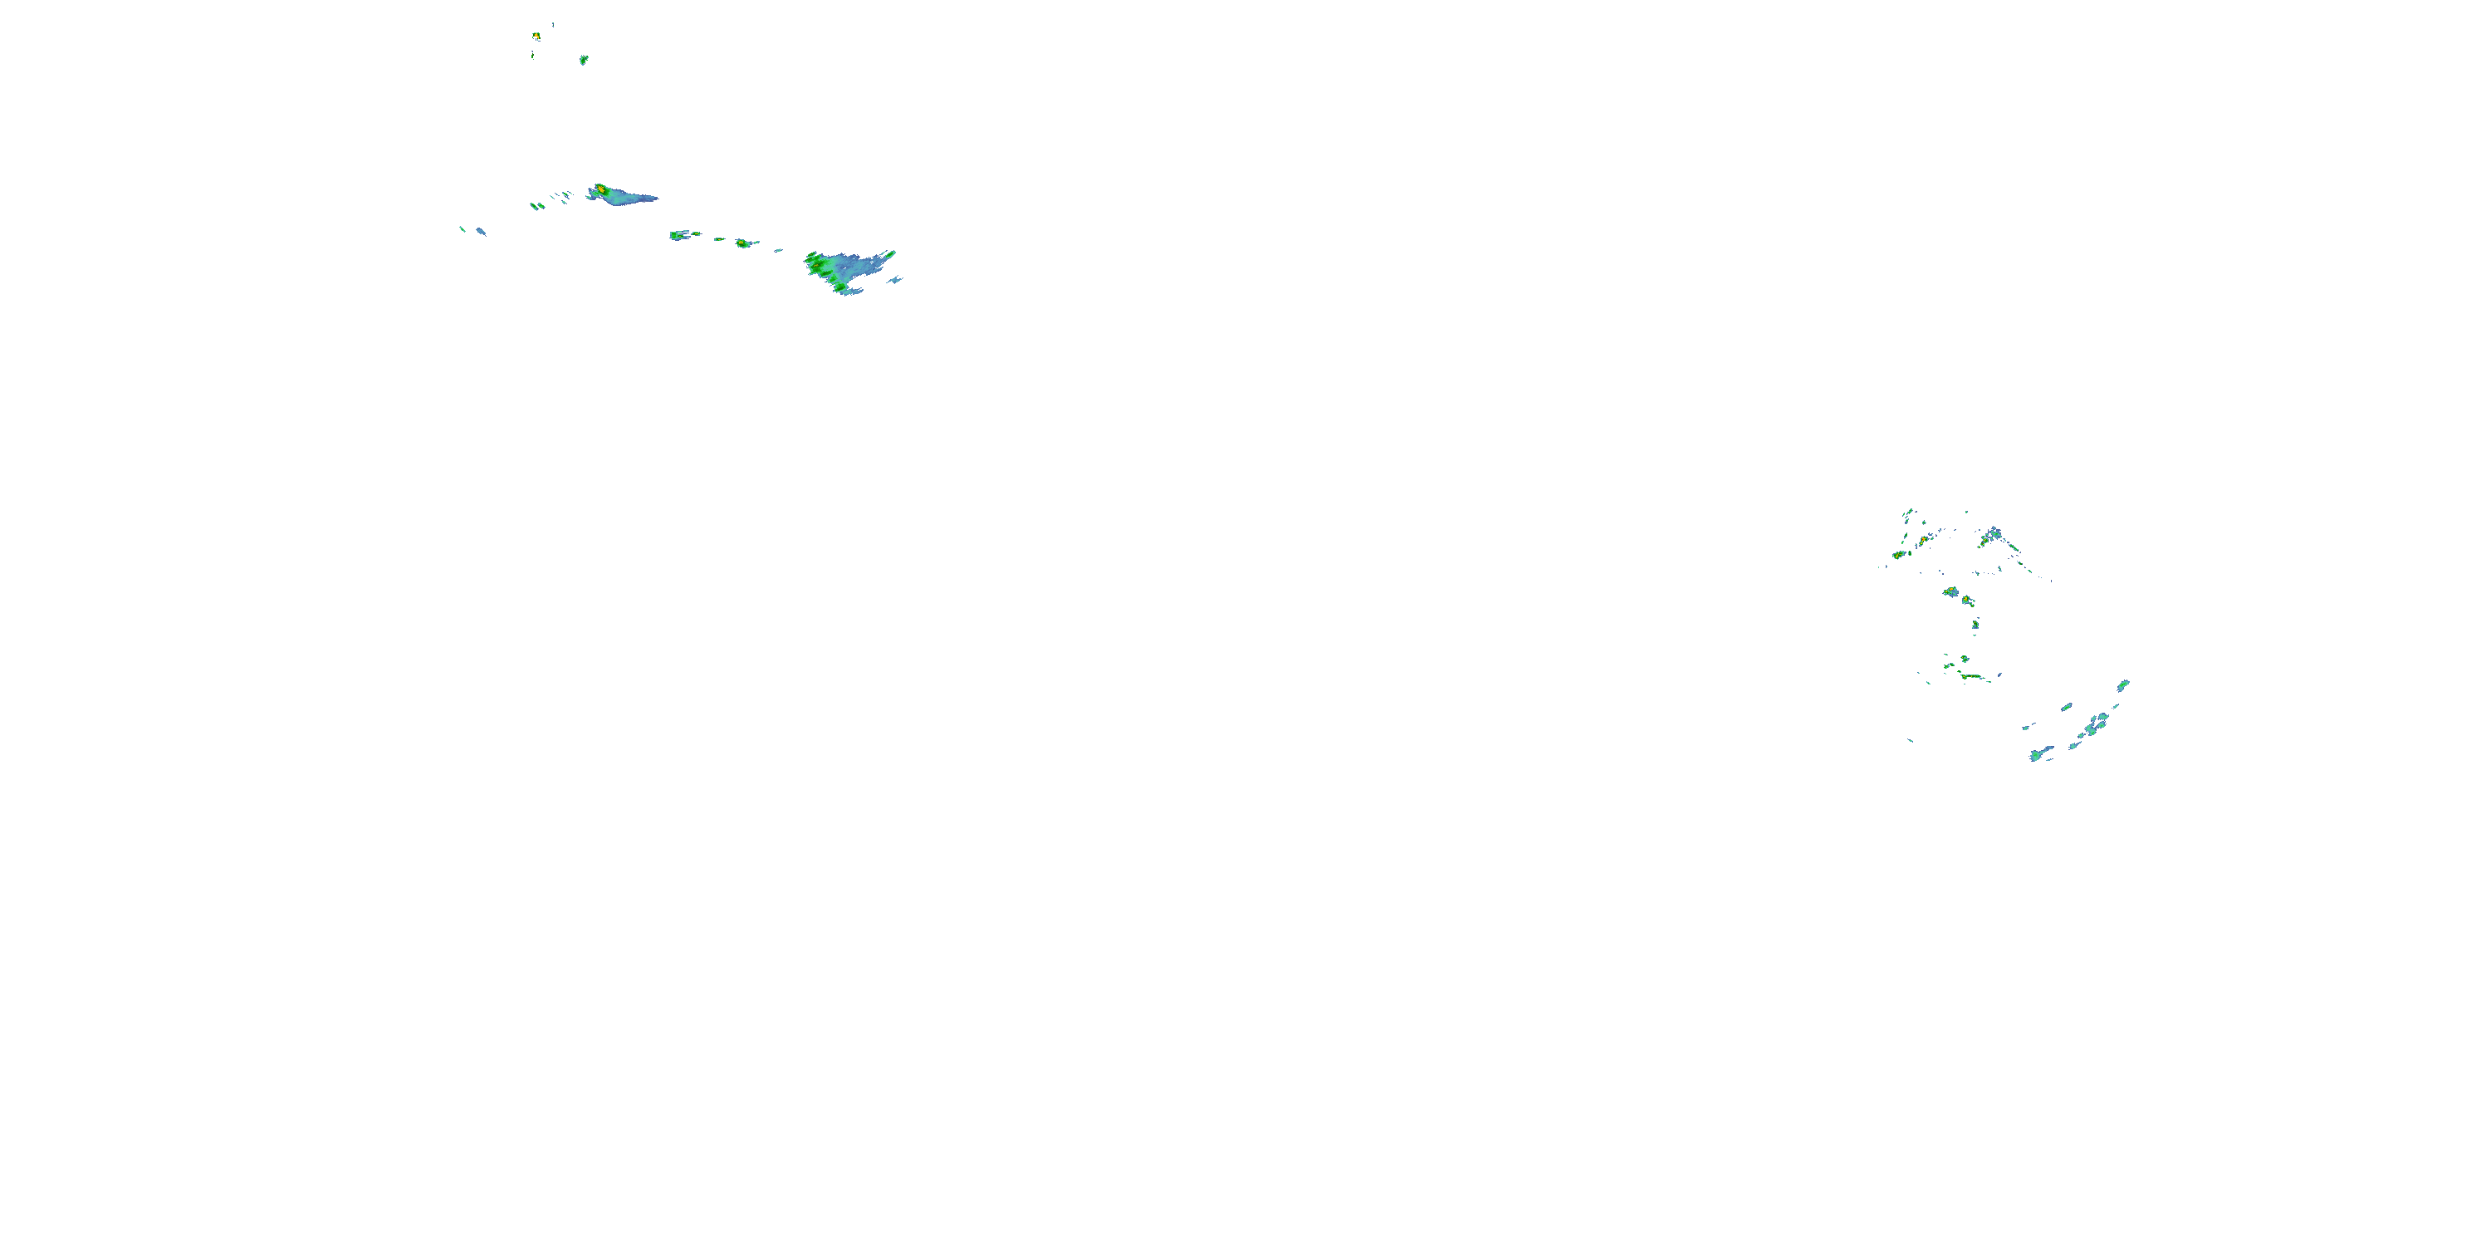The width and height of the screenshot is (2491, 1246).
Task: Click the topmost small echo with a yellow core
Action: (x=536, y=37)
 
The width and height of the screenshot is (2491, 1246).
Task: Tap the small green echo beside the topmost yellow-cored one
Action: (x=583, y=60)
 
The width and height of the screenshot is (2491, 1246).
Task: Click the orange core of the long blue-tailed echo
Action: (x=600, y=189)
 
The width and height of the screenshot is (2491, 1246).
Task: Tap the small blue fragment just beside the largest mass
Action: (x=897, y=281)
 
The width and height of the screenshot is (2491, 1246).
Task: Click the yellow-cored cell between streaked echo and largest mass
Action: (x=742, y=243)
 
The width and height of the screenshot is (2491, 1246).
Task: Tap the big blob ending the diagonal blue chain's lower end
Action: (x=2038, y=754)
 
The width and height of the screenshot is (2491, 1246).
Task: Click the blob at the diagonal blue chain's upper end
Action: (x=2123, y=685)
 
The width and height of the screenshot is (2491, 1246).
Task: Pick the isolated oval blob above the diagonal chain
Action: (x=2067, y=707)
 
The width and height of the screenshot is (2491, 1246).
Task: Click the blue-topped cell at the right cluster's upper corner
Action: (x=1993, y=533)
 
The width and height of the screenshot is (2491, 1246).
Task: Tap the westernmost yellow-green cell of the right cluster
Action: (x=1898, y=555)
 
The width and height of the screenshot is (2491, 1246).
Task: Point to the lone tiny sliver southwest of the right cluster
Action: (x=1911, y=741)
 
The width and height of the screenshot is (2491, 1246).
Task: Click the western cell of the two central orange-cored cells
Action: (x=1950, y=591)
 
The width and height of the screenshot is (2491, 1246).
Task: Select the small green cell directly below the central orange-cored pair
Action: (x=1975, y=624)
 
